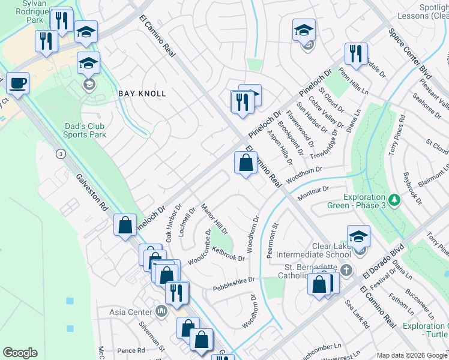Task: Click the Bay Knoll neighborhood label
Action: click(x=141, y=94)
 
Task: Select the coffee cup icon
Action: click(x=17, y=83)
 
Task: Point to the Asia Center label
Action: click(x=131, y=312)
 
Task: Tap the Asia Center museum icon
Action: click(x=161, y=311)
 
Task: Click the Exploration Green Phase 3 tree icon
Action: click(x=394, y=199)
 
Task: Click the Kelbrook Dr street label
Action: click(x=229, y=254)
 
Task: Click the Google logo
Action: click(x=20, y=353)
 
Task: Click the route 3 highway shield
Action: click(x=61, y=154)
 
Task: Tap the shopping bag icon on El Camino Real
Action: click(x=245, y=163)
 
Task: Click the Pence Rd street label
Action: click(x=131, y=350)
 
